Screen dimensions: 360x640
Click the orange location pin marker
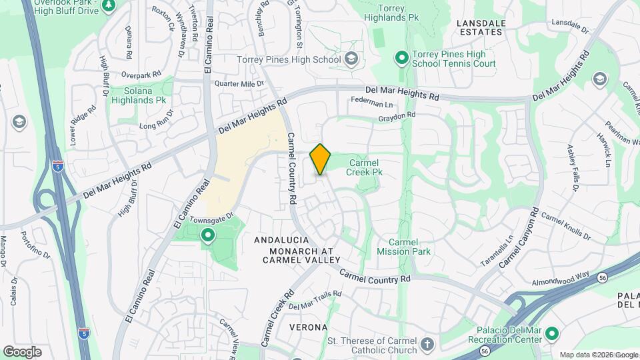[x=321, y=159]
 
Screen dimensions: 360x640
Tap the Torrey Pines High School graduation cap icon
[x=351, y=60]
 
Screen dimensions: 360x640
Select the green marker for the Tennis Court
[x=401, y=59]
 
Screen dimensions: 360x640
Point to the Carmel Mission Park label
[x=403, y=247]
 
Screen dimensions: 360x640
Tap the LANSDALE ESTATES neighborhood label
[x=481, y=27]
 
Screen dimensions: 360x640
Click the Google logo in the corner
[x=22, y=351]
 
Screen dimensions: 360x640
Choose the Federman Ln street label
[x=371, y=104]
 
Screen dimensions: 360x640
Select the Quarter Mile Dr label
[x=238, y=84]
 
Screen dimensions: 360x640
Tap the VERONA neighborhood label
[x=309, y=327]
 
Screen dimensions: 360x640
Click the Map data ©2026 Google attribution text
[x=598, y=355]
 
